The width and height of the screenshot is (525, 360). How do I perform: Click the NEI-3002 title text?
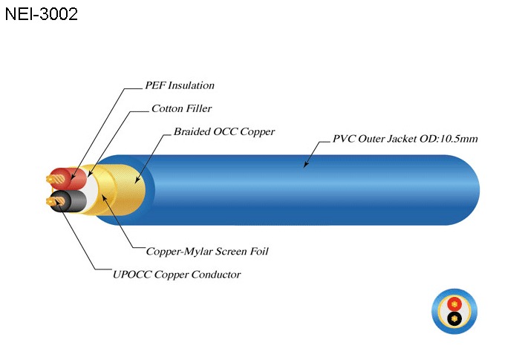42,14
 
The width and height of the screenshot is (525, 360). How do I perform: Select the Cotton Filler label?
181,108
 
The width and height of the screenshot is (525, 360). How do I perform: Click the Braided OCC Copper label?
224,131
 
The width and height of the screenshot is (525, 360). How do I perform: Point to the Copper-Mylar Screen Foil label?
207,251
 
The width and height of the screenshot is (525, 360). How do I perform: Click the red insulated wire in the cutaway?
74,179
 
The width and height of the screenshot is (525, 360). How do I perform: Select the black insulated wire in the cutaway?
74,200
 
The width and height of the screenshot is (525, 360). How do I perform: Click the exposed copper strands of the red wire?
54,178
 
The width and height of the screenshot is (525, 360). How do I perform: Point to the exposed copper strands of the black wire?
53,200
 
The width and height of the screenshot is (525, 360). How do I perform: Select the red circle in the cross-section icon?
453,304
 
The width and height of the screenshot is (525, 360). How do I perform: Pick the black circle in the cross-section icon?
453,319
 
